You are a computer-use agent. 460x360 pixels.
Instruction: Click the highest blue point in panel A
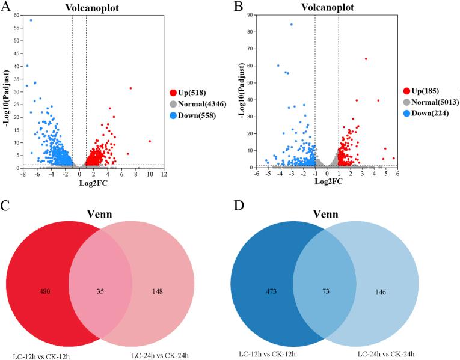(x=31, y=20)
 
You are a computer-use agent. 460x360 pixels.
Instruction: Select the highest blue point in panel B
(x=292, y=25)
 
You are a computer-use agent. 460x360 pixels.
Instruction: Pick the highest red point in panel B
(x=366, y=59)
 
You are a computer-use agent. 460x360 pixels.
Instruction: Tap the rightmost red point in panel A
(x=150, y=141)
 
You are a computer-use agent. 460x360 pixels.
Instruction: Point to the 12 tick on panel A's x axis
(x=164, y=174)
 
